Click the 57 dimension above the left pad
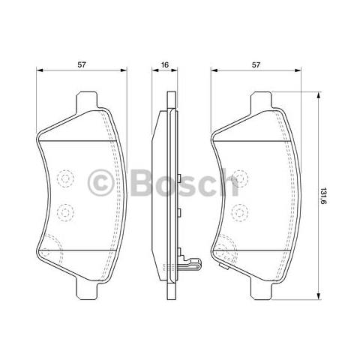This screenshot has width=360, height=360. pyautogui.click(x=82, y=65)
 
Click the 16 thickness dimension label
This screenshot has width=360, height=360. pyautogui.click(x=163, y=65)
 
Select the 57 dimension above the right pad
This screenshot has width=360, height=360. pyautogui.click(x=256, y=65)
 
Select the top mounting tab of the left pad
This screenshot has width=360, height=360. pyautogui.click(x=88, y=100)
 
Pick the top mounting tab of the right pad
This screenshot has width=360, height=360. pyautogui.click(x=262, y=100)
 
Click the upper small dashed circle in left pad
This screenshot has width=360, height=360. pyautogui.click(x=65, y=180)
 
